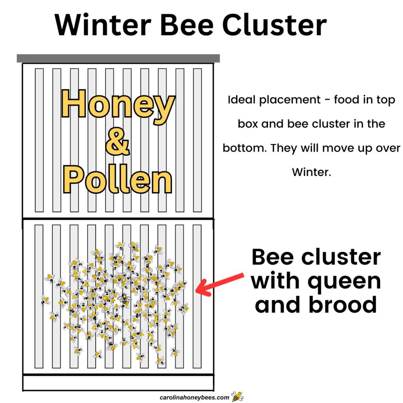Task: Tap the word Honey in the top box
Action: coord(118,105)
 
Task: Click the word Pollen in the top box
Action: coord(118,181)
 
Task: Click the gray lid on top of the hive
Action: coord(118,59)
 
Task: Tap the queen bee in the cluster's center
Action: coord(124,299)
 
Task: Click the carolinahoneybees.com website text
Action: coord(194,397)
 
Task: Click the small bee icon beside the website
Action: coord(237,396)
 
